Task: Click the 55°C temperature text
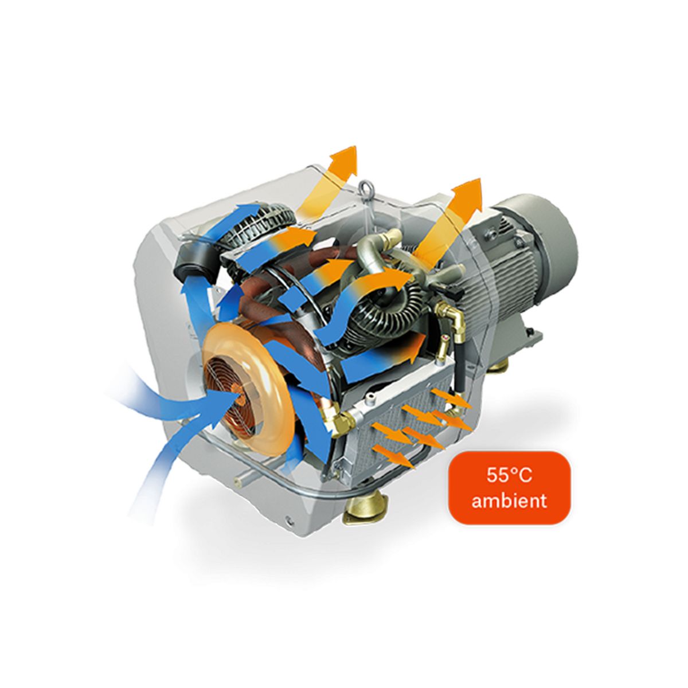click(509, 475)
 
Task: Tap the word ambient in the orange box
click(509, 501)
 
